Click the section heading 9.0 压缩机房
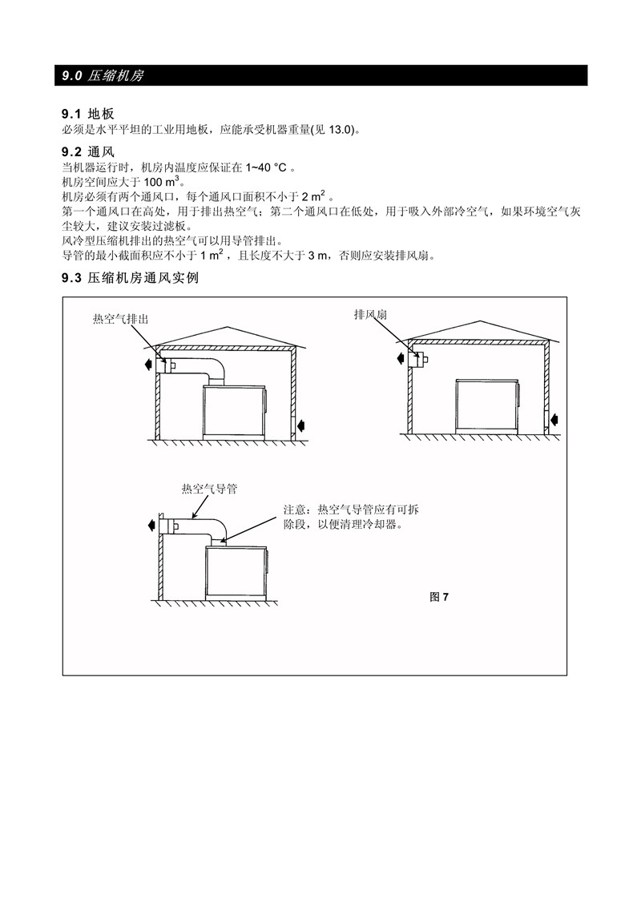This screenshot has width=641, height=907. click(103, 76)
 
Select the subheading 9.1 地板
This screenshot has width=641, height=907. click(88, 114)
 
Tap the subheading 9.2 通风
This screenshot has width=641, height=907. click(88, 152)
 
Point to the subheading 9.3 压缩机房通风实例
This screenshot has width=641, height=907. click(130, 278)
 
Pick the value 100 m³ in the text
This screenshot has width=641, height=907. click(161, 182)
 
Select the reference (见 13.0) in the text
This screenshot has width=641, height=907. click(333, 130)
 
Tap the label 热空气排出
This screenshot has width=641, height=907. click(120, 319)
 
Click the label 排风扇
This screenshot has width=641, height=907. click(370, 315)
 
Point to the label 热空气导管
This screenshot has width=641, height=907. click(209, 489)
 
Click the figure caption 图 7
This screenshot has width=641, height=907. click(439, 597)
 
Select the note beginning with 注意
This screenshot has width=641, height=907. click(351, 517)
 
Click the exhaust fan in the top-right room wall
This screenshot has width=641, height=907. click(418, 360)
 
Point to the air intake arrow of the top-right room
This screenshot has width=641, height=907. click(556, 419)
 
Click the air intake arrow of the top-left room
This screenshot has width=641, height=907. click(300, 426)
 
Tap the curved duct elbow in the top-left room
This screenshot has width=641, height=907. click(217, 370)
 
